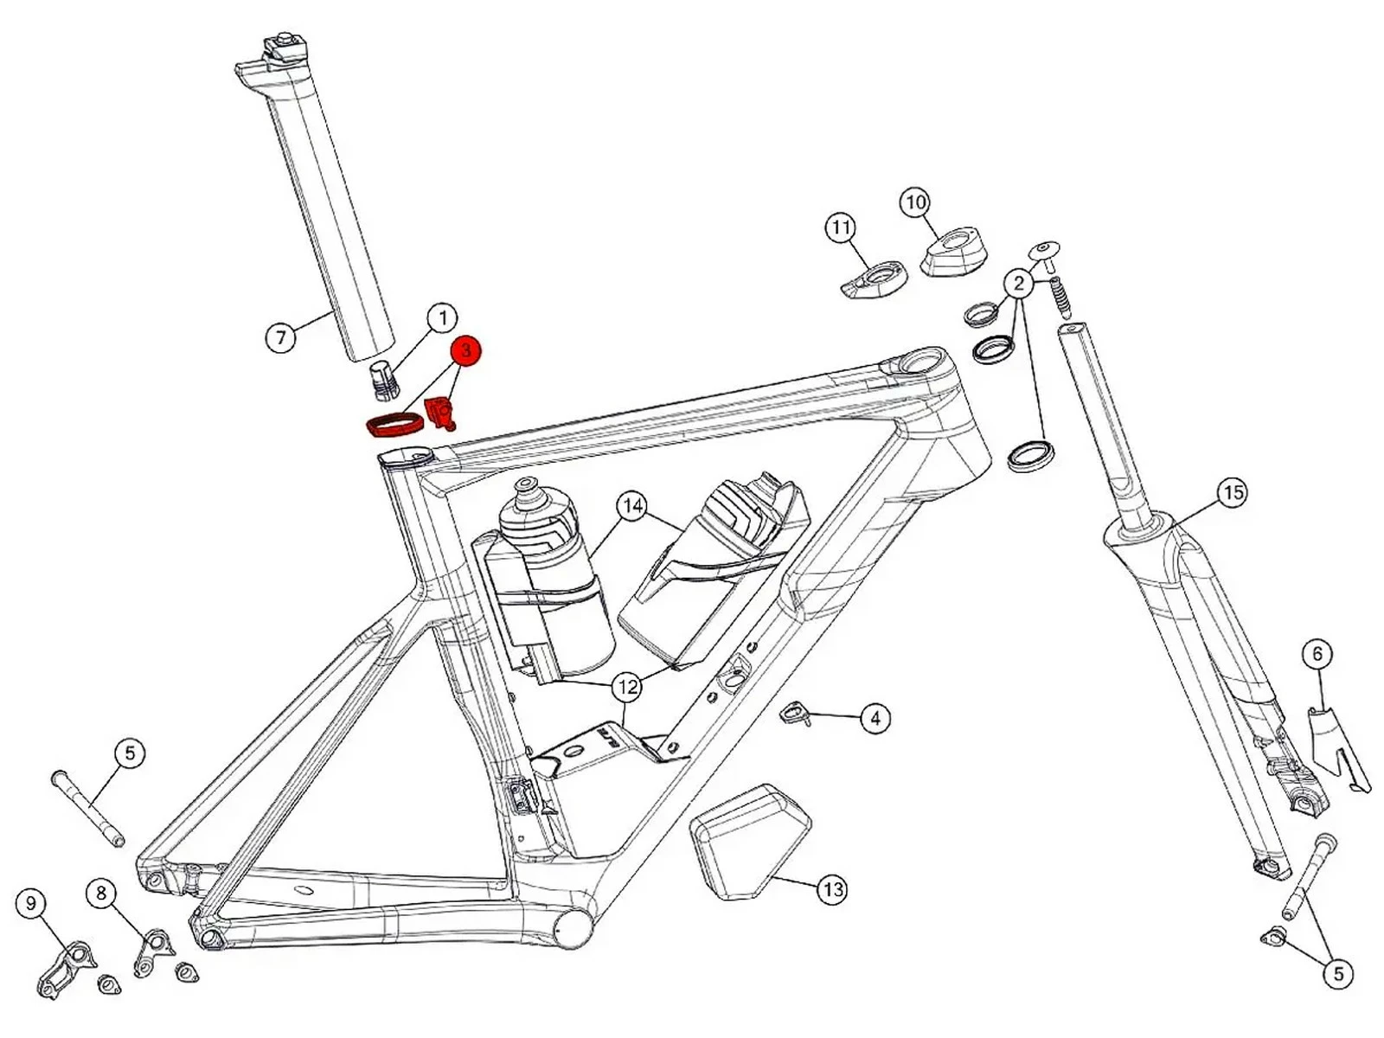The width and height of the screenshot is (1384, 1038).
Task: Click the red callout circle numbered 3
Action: coord(465,350)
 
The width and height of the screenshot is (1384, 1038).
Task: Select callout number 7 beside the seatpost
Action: coord(280,336)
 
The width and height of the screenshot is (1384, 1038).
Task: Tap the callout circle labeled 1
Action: coord(442,318)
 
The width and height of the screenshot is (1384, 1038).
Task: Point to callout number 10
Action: coord(915,202)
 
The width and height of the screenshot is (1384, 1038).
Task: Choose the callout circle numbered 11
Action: coord(840,227)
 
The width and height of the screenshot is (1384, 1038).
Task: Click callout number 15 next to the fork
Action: coord(1233,492)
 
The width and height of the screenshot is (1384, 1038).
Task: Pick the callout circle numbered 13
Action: coord(832,889)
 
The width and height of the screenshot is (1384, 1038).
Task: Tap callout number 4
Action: coord(875,718)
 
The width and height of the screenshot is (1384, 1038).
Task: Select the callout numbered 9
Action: coord(31,904)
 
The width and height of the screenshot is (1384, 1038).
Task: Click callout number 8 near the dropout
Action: coord(101,892)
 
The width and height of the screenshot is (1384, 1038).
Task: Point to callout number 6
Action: coord(1317,654)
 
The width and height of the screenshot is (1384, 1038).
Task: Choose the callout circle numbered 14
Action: coord(632,506)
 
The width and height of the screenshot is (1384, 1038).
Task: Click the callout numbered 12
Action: coord(626,688)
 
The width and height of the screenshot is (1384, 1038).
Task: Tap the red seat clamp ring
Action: coord(394,425)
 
